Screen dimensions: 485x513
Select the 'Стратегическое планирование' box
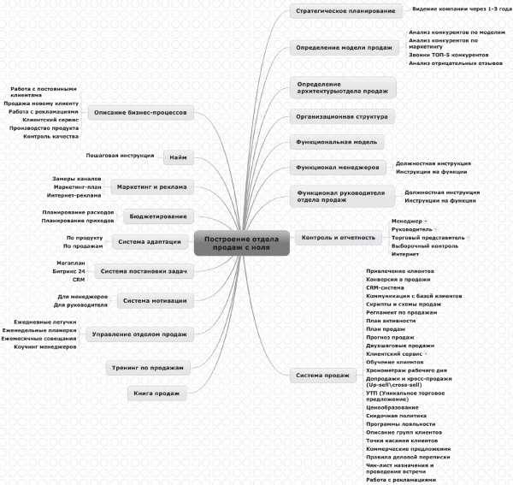(x=333, y=12)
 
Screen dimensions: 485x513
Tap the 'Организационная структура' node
(x=342, y=115)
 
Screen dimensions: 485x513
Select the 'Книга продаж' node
(x=155, y=393)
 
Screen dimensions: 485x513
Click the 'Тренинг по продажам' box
(x=147, y=367)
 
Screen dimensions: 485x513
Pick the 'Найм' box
(x=179, y=158)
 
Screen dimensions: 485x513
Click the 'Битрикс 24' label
(x=69, y=271)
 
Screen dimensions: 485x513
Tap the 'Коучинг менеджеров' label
(x=45, y=346)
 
